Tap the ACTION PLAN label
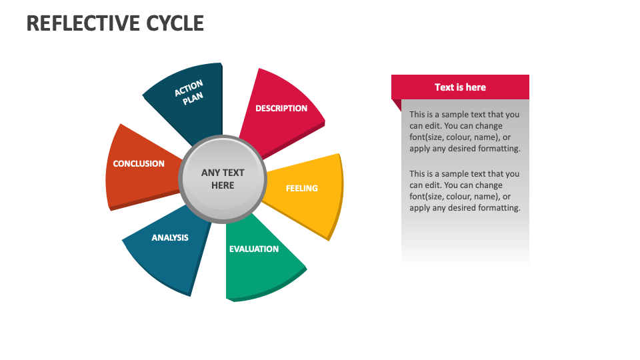[x=190, y=91]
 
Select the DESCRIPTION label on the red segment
[x=281, y=108]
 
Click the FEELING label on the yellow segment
[x=302, y=188]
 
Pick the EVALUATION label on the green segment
[x=254, y=249]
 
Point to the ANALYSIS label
[x=170, y=237]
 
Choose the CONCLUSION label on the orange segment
[x=139, y=163]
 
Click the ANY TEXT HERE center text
[x=223, y=179]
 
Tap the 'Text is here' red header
[x=460, y=87]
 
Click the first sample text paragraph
[x=465, y=131]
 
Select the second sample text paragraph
[x=465, y=191]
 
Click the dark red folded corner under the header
[x=396, y=105]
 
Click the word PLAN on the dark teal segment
[x=193, y=97]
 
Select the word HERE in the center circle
[x=223, y=185]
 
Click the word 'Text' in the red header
[x=444, y=87]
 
